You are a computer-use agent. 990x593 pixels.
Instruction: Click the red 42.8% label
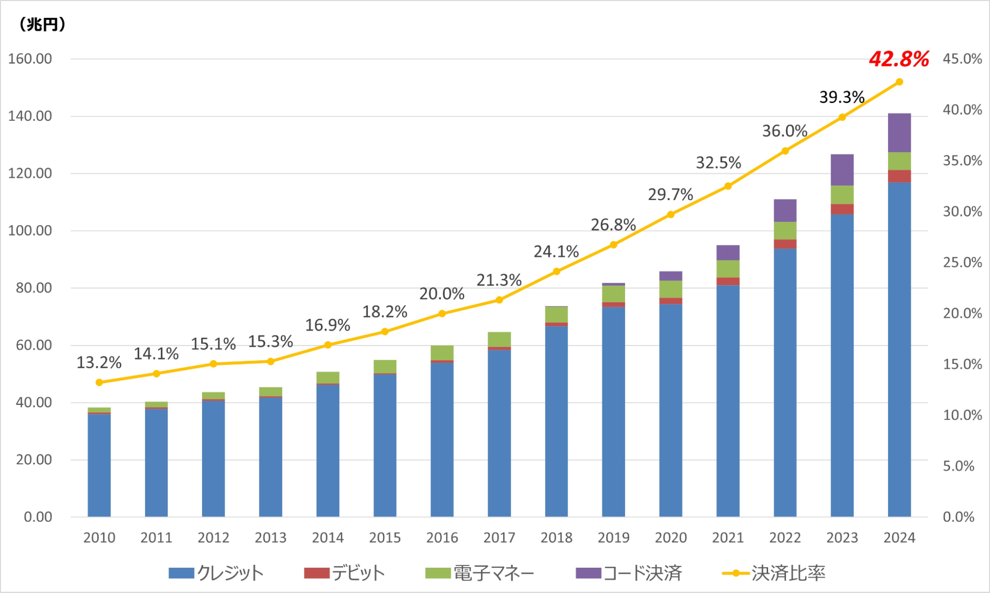tap(898, 59)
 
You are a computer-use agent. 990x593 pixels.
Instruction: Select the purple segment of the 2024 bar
tap(899, 133)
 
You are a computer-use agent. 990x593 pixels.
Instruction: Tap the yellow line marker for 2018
tap(556, 271)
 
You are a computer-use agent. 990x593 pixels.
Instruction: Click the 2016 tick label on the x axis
tap(442, 538)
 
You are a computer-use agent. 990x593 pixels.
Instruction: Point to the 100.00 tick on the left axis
tap(30, 231)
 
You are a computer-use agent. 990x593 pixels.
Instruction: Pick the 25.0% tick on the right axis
tap(962, 262)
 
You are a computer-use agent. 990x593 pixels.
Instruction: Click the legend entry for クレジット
tap(216, 573)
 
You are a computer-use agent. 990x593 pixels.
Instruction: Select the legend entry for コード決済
tap(629, 573)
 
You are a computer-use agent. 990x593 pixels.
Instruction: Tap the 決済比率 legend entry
tap(774, 573)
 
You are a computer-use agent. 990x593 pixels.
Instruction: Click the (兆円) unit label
tap(42, 24)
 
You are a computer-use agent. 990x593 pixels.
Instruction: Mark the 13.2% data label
tap(99, 363)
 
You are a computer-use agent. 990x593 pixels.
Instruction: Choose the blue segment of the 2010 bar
tap(99, 465)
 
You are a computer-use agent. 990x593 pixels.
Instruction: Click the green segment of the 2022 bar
tap(785, 231)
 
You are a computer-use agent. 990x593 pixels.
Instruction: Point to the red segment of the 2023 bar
tap(842, 209)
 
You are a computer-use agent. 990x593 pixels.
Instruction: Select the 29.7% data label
tap(670, 195)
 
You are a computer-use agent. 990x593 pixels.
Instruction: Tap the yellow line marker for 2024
tap(899, 82)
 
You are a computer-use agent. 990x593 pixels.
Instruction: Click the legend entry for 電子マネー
tap(480, 573)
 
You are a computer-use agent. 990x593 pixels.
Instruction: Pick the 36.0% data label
tap(784, 131)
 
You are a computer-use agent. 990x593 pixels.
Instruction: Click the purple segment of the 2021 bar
tap(728, 252)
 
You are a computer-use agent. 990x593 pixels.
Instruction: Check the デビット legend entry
tap(344, 573)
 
